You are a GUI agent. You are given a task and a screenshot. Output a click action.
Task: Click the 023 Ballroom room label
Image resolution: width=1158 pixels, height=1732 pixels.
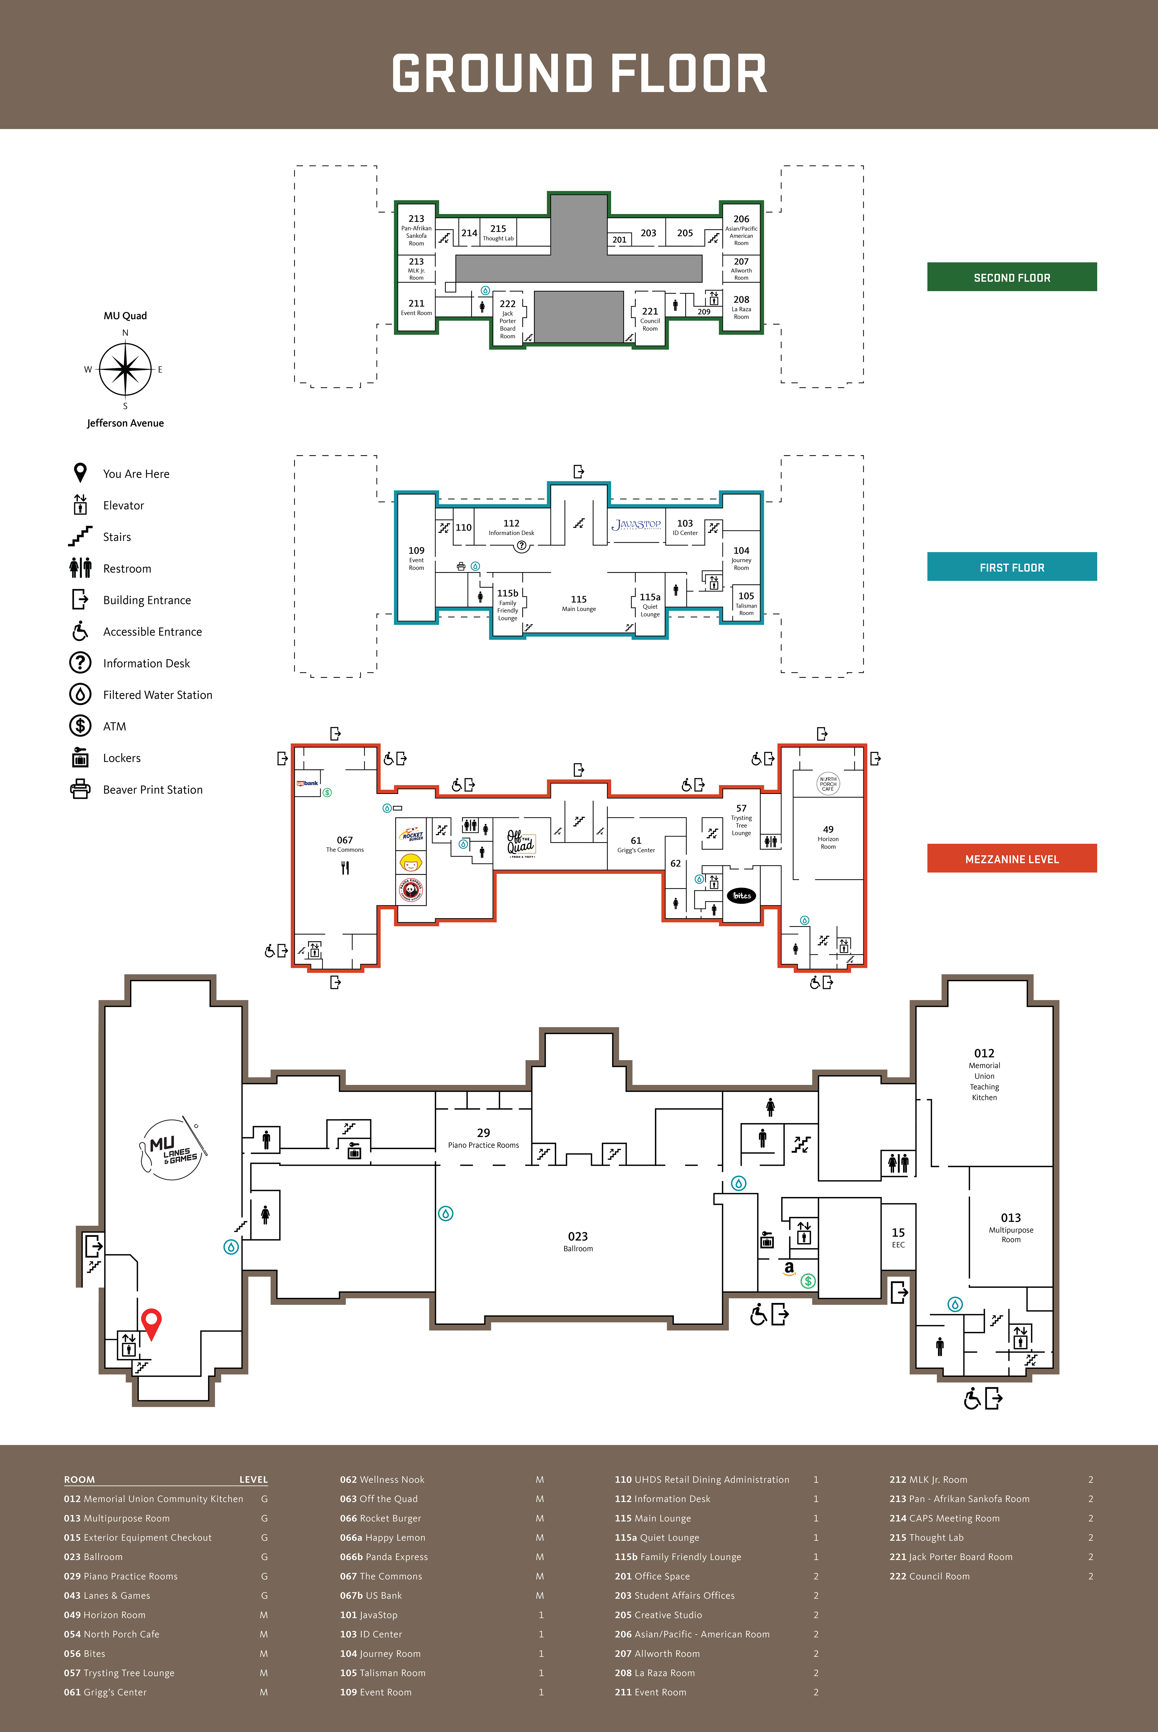tap(577, 1241)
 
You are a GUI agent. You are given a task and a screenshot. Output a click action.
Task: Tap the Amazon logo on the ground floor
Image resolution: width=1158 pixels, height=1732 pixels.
tap(789, 1268)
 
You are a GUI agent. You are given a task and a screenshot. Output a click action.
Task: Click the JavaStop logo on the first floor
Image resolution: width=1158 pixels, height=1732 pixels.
tap(636, 525)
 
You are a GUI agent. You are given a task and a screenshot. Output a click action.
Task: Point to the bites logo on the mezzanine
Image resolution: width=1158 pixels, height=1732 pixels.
tap(742, 896)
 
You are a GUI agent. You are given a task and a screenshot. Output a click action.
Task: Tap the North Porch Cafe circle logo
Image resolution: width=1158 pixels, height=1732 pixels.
tap(828, 783)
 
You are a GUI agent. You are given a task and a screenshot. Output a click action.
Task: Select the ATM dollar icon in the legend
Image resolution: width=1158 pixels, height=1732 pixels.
tap(80, 726)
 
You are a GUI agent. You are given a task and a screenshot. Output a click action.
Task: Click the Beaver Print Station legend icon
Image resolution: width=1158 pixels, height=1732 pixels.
tap(80, 789)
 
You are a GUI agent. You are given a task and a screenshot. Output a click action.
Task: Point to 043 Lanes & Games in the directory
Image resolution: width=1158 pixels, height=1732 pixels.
tap(107, 1595)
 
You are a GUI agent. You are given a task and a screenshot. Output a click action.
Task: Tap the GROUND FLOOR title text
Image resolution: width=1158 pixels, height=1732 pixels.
tap(579, 74)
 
